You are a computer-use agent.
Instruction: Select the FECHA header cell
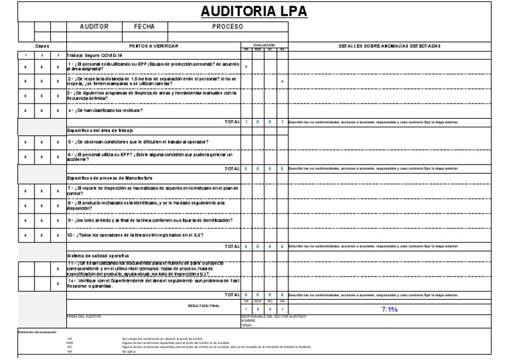144,27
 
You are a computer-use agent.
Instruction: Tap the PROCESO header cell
227,27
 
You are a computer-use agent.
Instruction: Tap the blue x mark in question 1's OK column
247,66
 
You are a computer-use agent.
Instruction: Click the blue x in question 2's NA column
282,82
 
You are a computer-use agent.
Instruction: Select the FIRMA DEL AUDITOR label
86,317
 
